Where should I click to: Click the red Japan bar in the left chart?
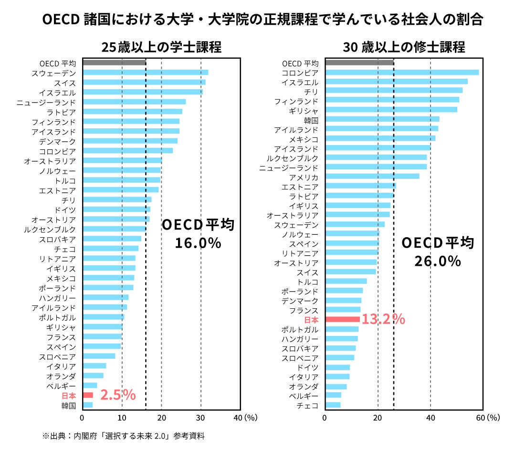coord(88,395)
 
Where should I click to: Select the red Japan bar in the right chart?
coord(342,319)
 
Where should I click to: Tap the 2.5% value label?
coord(118,395)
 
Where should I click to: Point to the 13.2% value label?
coord(383,319)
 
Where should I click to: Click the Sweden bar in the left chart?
coord(145,73)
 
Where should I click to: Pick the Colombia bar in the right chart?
coord(402,73)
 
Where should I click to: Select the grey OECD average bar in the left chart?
coord(114,63)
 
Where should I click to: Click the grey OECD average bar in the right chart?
coord(359,63)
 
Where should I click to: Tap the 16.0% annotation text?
coord(198,243)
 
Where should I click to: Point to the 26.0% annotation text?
coord(438,261)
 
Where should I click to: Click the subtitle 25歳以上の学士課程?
coord(161,47)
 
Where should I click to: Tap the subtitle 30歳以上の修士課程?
coord(404,47)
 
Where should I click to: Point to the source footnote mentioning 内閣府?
coord(124,436)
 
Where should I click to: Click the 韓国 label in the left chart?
coord(68,406)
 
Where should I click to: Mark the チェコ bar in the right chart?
coord(333,405)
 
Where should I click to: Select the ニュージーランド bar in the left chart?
coord(134,102)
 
